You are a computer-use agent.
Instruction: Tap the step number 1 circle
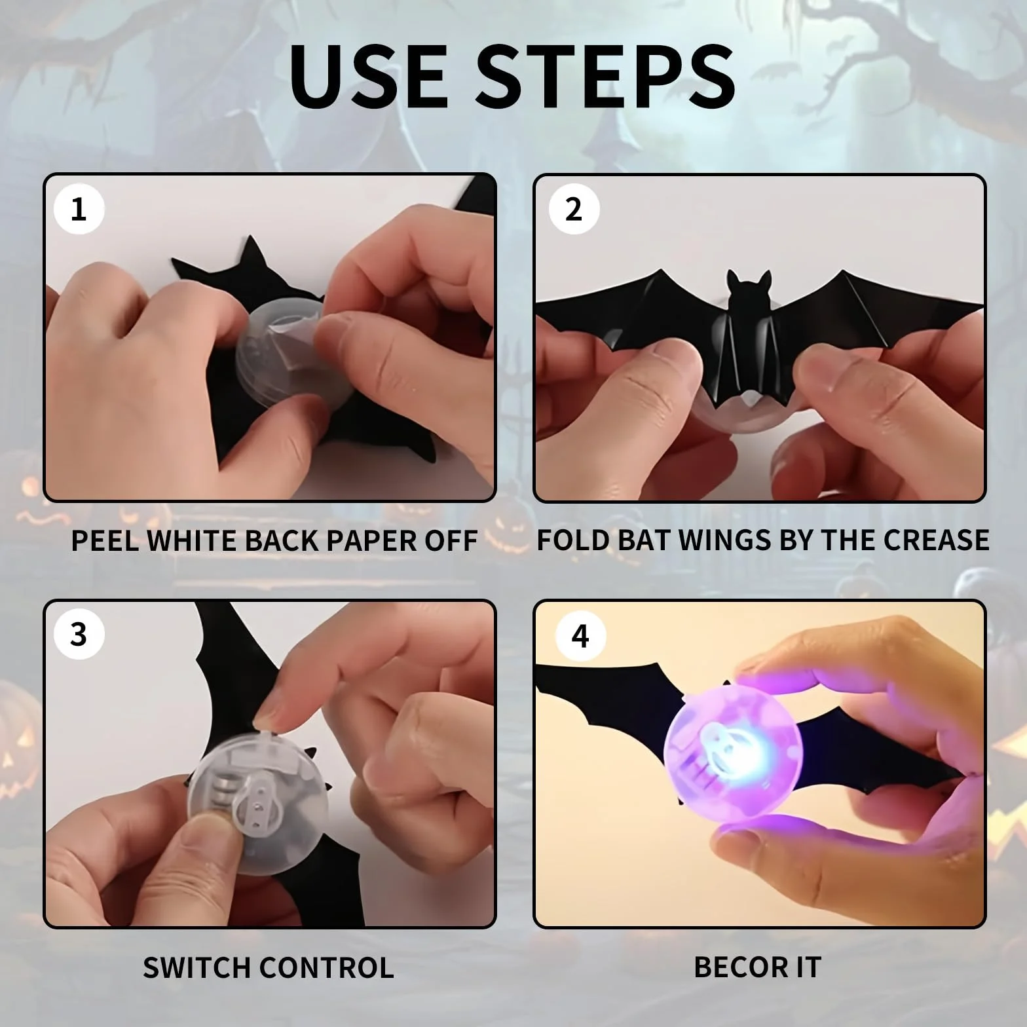click(x=79, y=210)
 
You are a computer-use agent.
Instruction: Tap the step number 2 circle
click(x=573, y=210)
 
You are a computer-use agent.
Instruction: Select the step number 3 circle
click(x=79, y=635)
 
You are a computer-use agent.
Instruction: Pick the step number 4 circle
click(x=580, y=636)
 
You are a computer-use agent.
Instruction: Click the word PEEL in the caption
click(x=105, y=540)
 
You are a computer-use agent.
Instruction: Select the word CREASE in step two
click(x=936, y=540)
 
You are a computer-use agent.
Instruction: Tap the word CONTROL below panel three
click(x=327, y=967)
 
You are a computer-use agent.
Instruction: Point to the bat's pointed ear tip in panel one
click(x=251, y=238)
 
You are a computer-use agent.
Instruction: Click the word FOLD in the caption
click(x=569, y=540)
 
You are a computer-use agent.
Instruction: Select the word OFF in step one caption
click(x=453, y=540)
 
